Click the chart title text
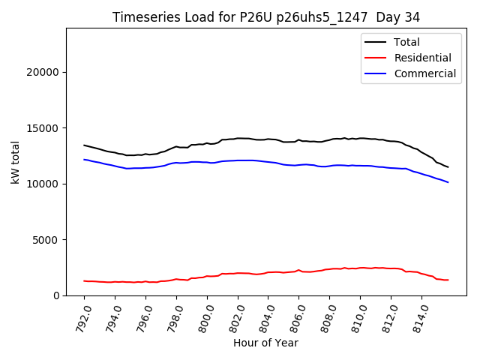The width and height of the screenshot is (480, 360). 266,16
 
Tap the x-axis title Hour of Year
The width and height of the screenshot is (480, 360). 265,343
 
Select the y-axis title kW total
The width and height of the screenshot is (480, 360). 16,162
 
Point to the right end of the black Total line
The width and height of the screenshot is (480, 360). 448,167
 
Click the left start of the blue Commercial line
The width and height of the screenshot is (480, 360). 85,160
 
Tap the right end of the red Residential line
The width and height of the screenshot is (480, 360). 448,280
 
